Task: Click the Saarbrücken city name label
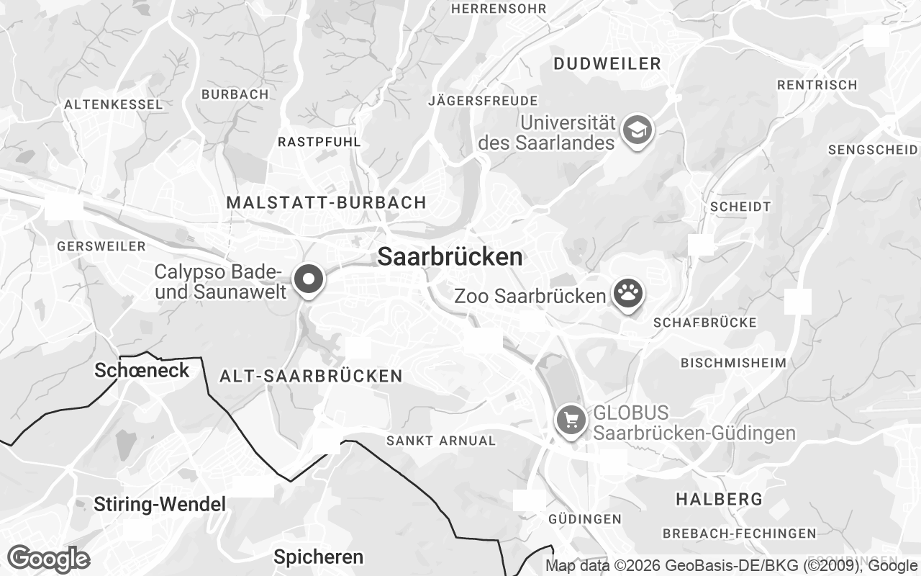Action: click(450, 257)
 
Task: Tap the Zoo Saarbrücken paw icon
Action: click(627, 294)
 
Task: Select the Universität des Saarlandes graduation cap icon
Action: click(638, 130)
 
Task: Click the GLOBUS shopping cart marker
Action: click(571, 420)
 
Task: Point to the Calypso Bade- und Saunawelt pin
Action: click(309, 279)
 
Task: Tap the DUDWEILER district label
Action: click(607, 63)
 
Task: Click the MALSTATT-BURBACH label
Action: click(327, 202)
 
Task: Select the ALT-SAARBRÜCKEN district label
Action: click(311, 376)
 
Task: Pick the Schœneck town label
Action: click(142, 371)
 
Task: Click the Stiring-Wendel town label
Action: click(160, 505)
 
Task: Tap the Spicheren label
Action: click(318, 557)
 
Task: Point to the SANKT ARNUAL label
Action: click(441, 440)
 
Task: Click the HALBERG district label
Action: click(719, 498)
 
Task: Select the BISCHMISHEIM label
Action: click(733, 362)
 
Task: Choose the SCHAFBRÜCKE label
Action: click(705, 323)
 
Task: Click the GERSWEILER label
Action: click(101, 246)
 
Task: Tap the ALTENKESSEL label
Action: click(114, 104)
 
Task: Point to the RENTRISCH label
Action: click(817, 85)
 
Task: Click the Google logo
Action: click(48, 559)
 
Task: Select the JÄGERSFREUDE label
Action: click(483, 100)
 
